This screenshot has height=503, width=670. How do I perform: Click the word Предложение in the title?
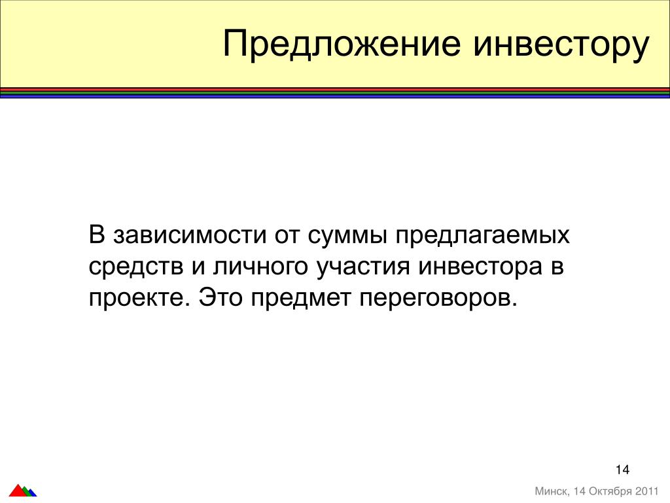pos(342,44)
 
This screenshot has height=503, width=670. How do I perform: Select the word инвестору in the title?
pos(561,46)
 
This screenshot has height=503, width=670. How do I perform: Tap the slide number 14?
pos(623,470)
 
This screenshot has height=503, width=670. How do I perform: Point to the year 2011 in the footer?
pos(647,491)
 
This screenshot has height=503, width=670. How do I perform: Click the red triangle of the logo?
pos(18,491)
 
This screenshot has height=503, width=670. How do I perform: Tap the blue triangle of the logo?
pos(33,493)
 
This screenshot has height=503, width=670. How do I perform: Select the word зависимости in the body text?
pos(190,236)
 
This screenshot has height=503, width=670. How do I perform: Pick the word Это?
pos(220,297)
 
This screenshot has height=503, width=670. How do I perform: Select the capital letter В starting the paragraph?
pos(97,235)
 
